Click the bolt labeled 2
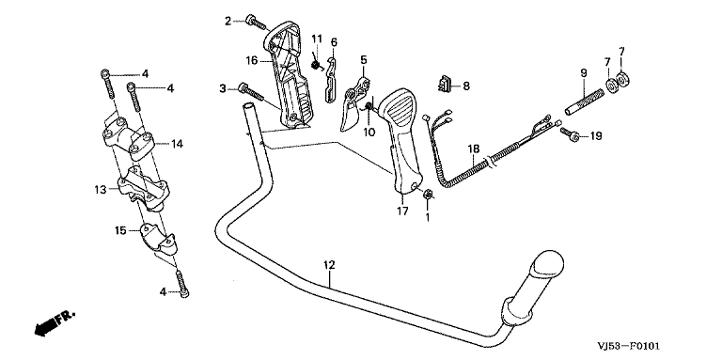257,23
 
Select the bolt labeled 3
250,92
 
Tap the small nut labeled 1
427,195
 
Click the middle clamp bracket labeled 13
144,189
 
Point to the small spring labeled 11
316,65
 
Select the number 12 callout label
329,265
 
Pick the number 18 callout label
474,149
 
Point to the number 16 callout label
251,60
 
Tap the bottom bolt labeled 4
182,284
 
